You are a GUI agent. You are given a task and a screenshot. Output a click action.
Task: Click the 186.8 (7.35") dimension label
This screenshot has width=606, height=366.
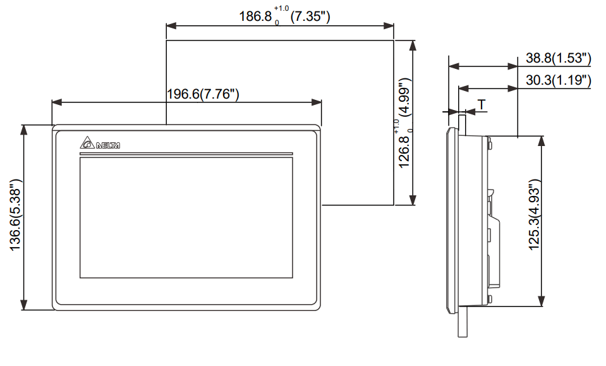click(x=284, y=15)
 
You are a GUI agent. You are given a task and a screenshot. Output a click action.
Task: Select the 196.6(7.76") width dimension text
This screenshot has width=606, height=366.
click(x=202, y=94)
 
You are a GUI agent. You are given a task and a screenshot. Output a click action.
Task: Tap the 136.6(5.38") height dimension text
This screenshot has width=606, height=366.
click(x=16, y=217)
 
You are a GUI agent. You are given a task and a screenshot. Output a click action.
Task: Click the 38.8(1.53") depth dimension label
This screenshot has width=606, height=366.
click(x=558, y=59)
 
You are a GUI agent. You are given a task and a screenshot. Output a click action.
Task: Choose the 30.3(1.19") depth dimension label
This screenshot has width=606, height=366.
click(x=558, y=80)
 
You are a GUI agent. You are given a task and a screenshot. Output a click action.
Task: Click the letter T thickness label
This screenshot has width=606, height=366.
click(x=482, y=104)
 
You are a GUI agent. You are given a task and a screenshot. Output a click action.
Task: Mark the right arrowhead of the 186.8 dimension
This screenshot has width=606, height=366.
click(x=390, y=26)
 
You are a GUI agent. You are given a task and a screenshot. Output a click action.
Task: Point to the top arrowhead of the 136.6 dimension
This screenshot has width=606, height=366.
click(x=24, y=128)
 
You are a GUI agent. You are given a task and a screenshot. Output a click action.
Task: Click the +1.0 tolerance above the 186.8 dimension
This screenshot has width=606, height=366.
click(x=281, y=8)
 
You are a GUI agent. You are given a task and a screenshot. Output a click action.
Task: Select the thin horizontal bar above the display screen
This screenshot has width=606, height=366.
click(x=186, y=154)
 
